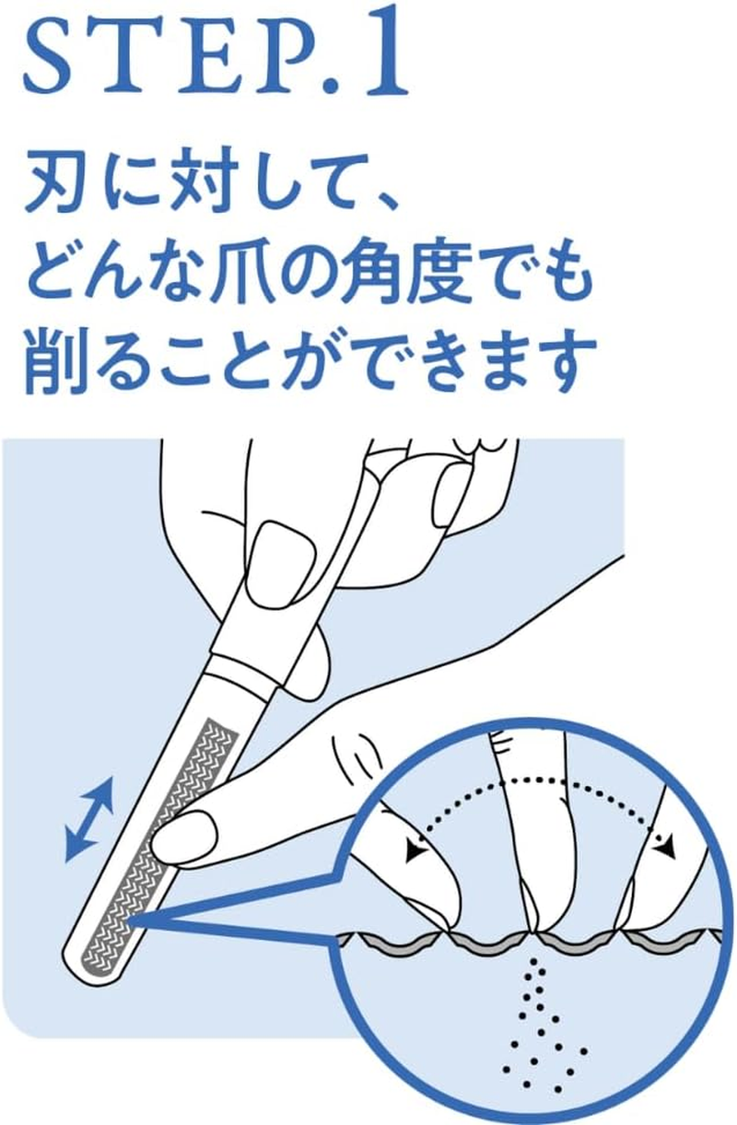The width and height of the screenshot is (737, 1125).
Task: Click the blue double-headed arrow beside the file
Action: click(89, 818)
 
